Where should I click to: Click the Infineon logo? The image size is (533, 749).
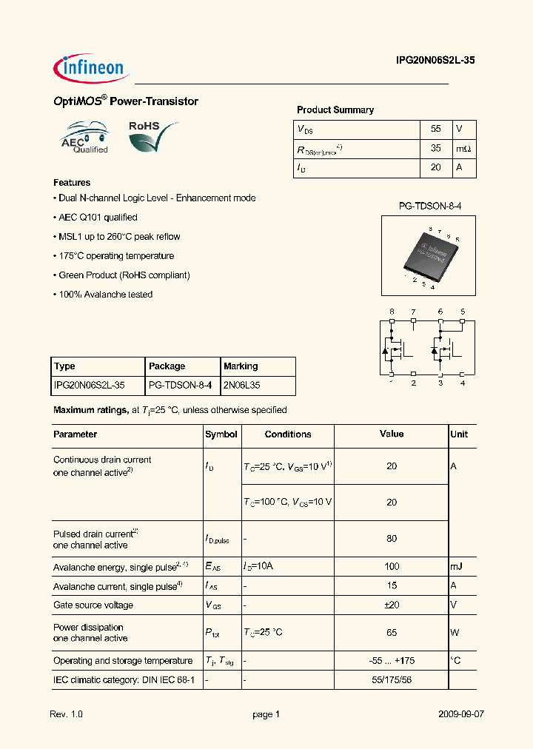90,67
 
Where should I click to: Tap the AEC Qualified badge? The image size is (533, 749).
84,138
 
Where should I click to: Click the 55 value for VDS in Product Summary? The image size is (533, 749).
435,129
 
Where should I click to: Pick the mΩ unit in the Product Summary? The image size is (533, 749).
463,149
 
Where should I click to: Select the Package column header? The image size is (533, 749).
167,366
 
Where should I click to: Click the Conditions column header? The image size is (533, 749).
287,434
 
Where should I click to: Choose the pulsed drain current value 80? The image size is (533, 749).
392,539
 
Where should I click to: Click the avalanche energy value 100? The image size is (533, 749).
392,566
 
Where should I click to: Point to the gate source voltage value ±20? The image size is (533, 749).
392,605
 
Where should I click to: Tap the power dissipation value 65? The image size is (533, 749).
392,632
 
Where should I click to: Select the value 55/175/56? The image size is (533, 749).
392,679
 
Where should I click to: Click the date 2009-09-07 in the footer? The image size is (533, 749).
461,714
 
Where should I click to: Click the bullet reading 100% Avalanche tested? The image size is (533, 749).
103,295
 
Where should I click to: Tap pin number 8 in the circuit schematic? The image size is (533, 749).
392,312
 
